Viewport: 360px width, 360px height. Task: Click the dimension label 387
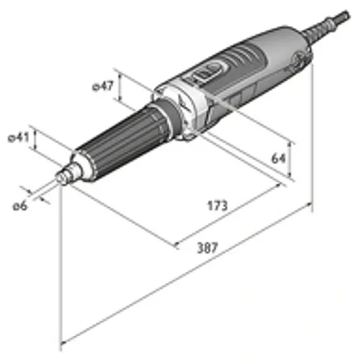(207, 248)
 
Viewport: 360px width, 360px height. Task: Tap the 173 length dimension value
(216, 206)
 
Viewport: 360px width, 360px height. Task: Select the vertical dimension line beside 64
(289, 158)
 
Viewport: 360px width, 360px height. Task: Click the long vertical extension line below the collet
(61, 265)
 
